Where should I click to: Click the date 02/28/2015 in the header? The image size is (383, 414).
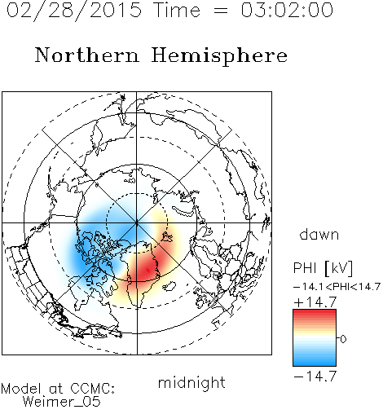[x=74, y=11]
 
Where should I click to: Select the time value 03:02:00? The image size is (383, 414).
[x=287, y=10]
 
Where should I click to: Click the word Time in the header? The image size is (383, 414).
[x=177, y=10]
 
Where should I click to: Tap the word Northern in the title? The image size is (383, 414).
[x=87, y=55]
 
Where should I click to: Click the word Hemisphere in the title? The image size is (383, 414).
[x=219, y=56]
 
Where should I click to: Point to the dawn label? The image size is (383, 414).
[x=319, y=234]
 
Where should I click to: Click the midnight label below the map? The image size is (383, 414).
[x=191, y=383]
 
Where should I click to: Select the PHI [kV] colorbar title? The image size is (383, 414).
[x=323, y=268]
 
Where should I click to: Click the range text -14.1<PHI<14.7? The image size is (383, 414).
[x=337, y=287]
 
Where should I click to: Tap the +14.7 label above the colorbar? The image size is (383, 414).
[x=315, y=302]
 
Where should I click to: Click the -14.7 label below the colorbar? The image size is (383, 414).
[x=315, y=377]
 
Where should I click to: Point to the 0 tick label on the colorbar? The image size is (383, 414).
[x=343, y=339]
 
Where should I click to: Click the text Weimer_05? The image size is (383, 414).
[x=62, y=402]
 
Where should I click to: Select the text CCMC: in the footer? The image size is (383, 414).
[x=93, y=389]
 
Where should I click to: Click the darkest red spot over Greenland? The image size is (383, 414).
[x=147, y=270]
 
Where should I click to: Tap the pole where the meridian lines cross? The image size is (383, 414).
[x=137, y=222]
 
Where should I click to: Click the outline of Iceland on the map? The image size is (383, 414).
[x=169, y=286]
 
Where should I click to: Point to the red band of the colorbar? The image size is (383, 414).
[x=315, y=316]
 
